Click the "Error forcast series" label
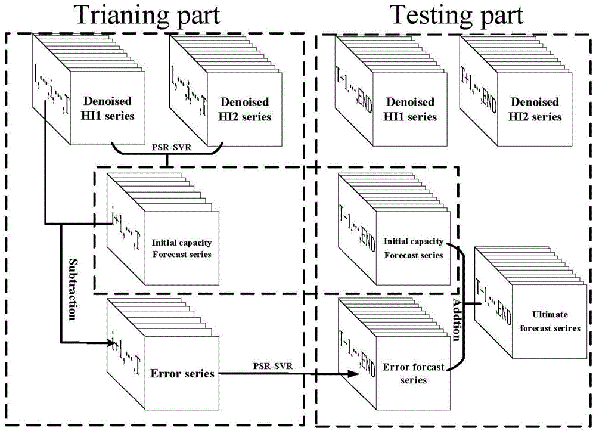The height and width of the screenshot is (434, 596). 414,373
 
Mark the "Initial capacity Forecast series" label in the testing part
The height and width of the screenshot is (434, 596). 414,247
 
